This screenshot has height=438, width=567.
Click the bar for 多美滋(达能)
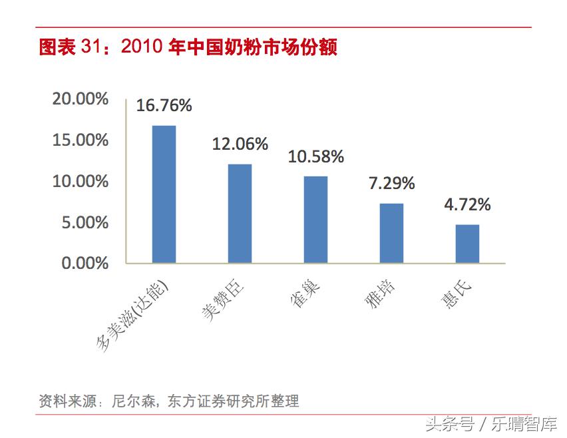click(x=164, y=194)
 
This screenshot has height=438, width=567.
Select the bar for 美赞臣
click(x=240, y=213)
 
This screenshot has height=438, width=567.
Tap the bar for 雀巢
click(x=316, y=219)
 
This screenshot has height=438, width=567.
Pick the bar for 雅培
click(x=391, y=233)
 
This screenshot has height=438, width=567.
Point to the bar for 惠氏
click(x=467, y=244)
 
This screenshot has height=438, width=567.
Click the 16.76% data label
click(x=164, y=105)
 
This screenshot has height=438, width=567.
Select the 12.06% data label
click(x=240, y=144)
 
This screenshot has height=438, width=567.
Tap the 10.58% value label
click(x=316, y=157)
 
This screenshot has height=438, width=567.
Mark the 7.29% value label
click(x=391, y=184)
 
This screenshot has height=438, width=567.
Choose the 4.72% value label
click(x=467, y=205)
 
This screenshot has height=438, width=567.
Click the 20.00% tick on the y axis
click(x=81, y=99)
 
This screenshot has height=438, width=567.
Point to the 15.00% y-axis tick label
click(x=81, y=140)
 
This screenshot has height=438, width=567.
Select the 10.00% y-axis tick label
click(x=81, y=181)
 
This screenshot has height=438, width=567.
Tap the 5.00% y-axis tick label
click(x=85, y=222)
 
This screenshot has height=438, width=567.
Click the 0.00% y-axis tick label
click(x=85, y=264)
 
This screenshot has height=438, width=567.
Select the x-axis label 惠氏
click(x=457, y=290)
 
